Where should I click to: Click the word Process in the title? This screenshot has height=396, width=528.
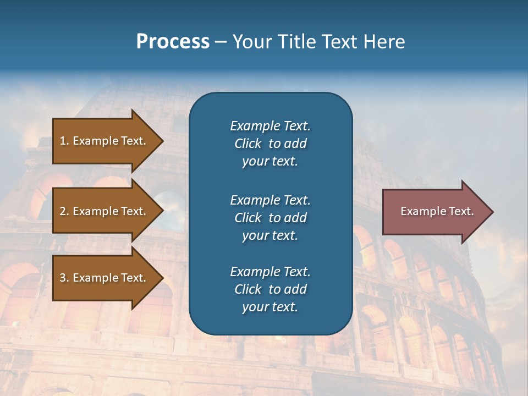point(173,42)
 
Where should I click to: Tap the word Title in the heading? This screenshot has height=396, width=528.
point(298,42)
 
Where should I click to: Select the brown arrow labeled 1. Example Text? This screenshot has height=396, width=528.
point(105,141)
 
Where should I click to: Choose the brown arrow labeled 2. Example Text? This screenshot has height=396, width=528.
point(105,211)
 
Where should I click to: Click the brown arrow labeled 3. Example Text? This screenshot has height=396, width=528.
point(105,278)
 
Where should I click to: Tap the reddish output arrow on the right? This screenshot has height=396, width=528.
point(435,212)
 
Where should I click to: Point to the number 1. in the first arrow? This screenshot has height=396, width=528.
point(64,141)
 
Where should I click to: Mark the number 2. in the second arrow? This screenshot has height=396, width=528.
point(64,211)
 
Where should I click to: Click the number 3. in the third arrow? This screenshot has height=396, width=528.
point(64,278)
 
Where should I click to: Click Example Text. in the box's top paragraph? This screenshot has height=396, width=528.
point(270,126)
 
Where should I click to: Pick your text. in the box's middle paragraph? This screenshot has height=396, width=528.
point(270,235)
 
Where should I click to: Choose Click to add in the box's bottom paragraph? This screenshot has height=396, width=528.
point(270,289)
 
